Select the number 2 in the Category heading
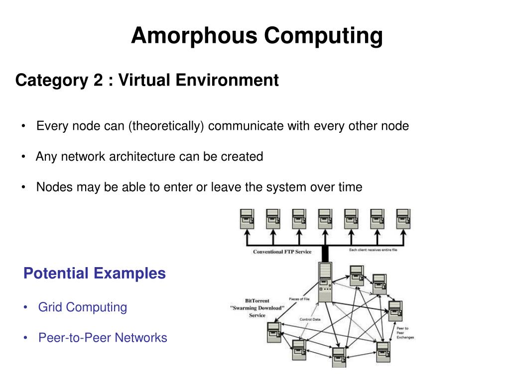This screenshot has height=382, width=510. pyautogui.click(x=97, y=80)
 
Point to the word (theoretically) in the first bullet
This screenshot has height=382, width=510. pyautogui.click(x=166, y=126)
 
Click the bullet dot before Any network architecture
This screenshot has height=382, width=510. pyautogui.click(x=24, y=157)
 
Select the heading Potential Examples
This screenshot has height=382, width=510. pyautogui.click(x=95, y=273)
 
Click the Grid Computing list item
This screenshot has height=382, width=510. pyautogui.click(x=83, y=307)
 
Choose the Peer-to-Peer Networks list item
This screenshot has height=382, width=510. pyautogui.click(x=103, y=338)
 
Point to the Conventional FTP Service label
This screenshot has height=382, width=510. pyautogui.click(x=282, y=252)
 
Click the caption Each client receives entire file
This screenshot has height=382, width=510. pyautogui.click(x=373, y=250)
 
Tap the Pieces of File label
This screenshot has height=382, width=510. pyautogui.click(x=300, y=299)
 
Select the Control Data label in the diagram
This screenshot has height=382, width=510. pyautogui.click(x=310, y=319)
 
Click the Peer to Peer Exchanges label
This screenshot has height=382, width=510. pyautogui.click(x=403, y=333)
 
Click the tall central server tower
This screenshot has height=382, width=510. pyautogui.click(x=325, y=283)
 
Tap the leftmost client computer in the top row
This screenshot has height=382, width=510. pyautogui.click(x=247, y=219)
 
